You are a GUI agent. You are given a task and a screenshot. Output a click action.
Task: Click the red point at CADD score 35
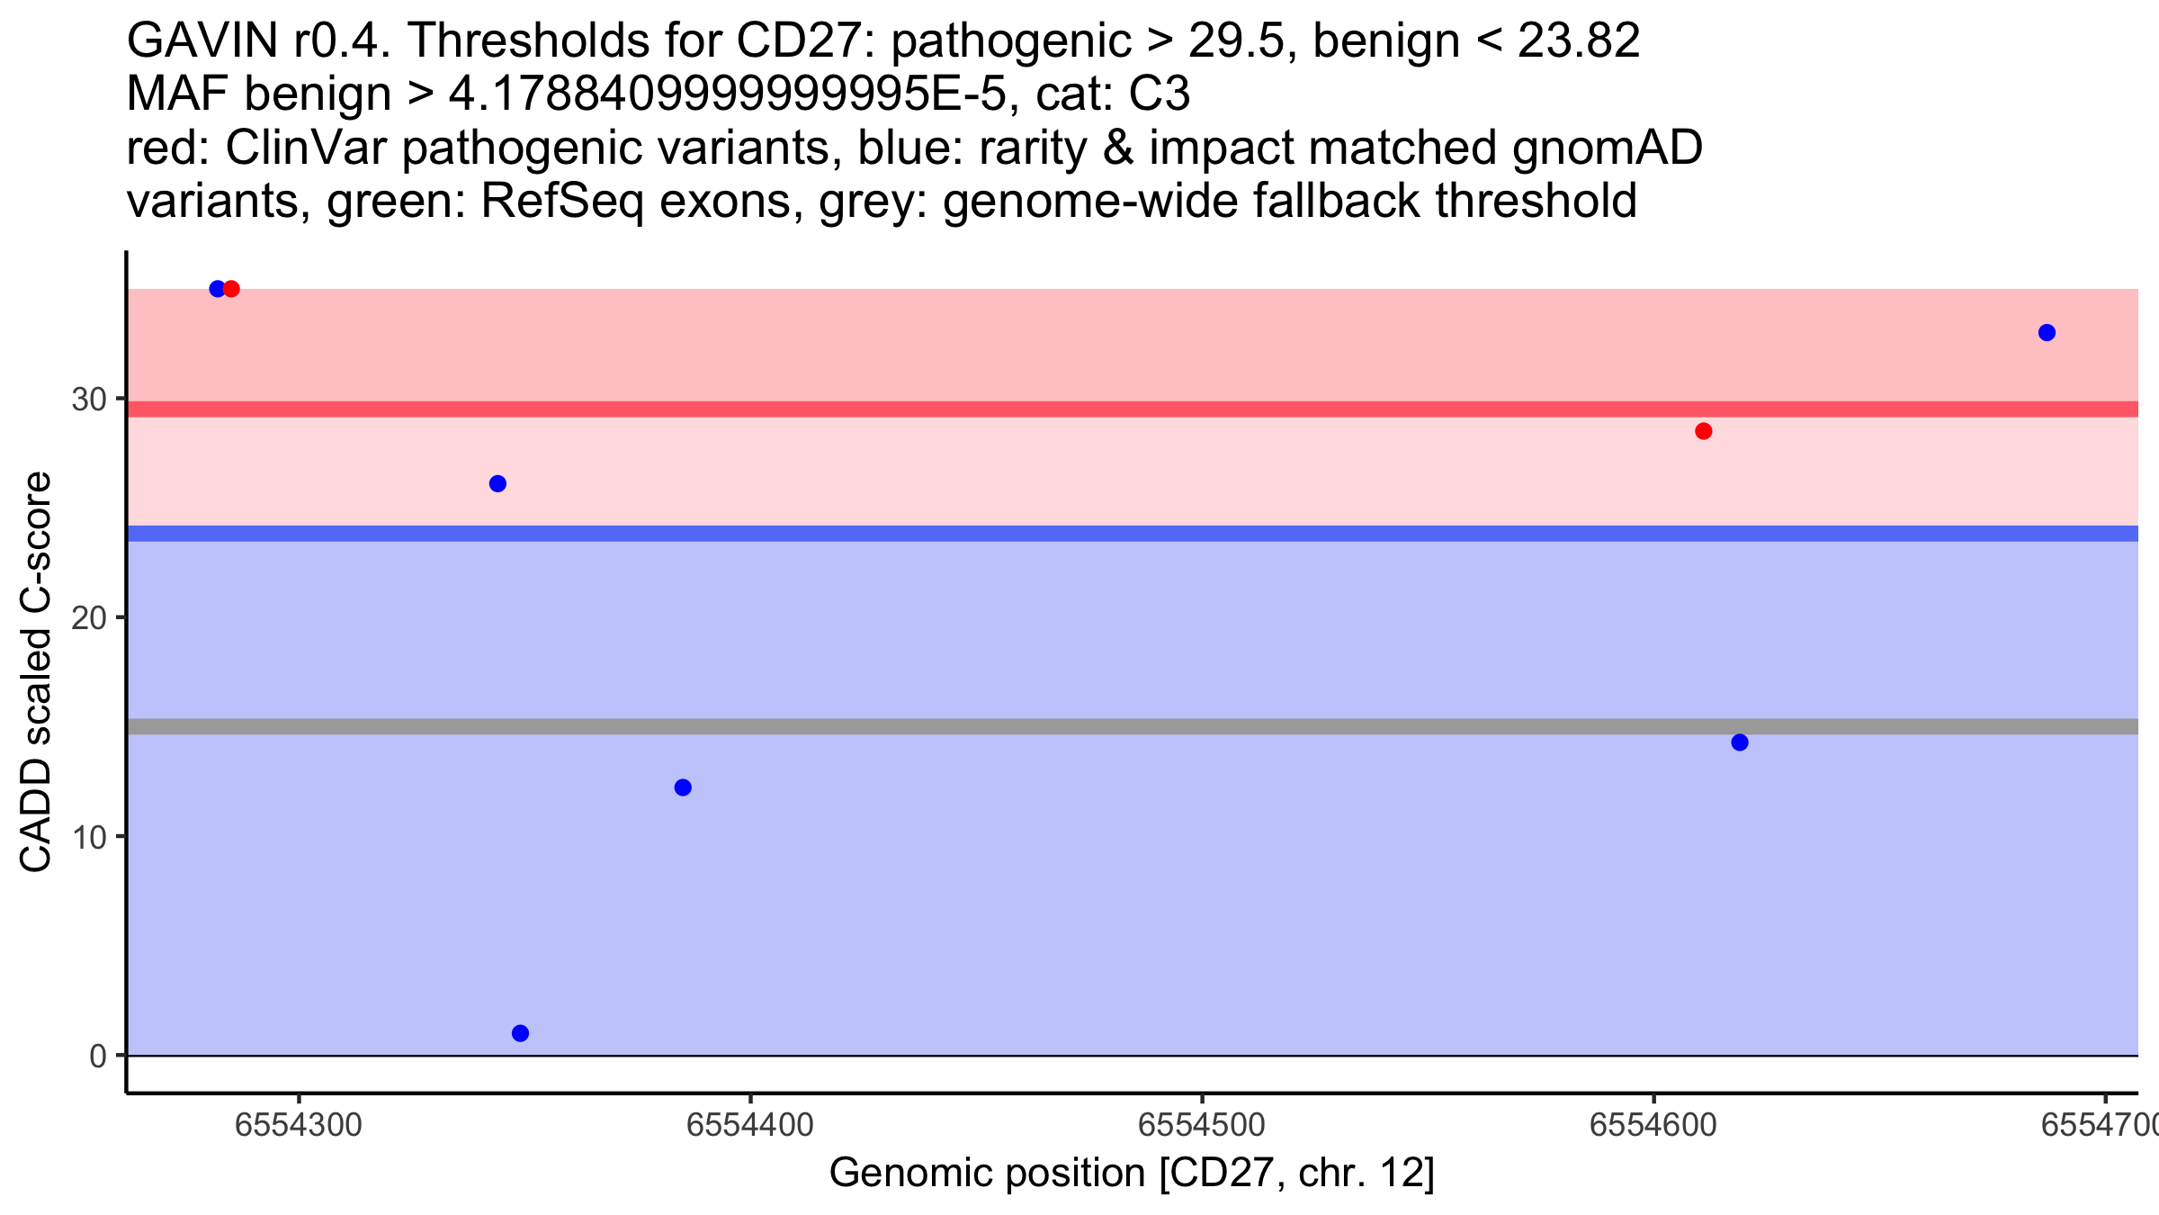pos(231,289)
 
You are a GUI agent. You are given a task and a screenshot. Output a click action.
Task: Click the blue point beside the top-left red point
pos(217,289)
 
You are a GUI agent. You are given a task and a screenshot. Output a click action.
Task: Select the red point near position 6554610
pos(1704,431)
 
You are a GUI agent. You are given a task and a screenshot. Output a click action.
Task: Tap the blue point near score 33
pos(2047,333)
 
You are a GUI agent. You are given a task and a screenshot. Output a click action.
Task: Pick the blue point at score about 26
pos(497,484)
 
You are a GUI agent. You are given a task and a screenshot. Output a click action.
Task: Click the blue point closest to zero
pos(520,1033)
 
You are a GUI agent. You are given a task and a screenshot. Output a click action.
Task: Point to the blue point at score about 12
pos(683,787)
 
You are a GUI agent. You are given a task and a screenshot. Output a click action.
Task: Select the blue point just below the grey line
pos(1740,742)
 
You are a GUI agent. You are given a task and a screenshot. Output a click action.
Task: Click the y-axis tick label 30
pos(89,399)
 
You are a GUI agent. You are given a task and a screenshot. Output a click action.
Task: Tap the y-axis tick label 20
pos(89,618)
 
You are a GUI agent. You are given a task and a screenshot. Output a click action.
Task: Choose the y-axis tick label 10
pos(89,837)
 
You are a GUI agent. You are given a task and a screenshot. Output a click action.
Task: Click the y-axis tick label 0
pos(98,1056)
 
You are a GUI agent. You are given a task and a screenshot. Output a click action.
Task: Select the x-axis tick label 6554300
pos(299,1125)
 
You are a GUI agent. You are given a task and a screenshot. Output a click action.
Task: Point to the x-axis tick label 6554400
pos(750,1125)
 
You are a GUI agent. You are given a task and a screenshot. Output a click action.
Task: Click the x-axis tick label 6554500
pos(1202,1125)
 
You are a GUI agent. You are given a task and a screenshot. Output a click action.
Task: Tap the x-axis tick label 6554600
pos(1653,1125)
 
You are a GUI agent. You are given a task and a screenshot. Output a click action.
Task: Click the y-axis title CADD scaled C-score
pos(36,672)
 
